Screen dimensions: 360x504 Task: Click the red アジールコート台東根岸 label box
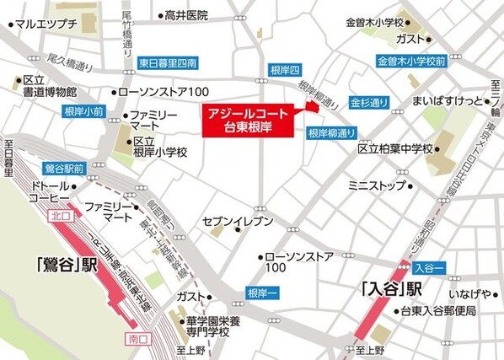(x=249, y=120)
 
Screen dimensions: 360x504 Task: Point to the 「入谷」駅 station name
(x=390, y=289)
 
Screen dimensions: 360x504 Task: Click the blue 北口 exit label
(x=60, y=216)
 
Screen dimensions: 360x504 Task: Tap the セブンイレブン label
(x=238, y=221)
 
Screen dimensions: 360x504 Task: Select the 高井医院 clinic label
(x=186, y=15)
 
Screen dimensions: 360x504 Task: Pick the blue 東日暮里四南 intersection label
(x=168, y=62)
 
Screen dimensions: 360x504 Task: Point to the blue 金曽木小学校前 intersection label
(x=410, y=62)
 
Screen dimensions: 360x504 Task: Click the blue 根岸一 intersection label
(x=260, y=292)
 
